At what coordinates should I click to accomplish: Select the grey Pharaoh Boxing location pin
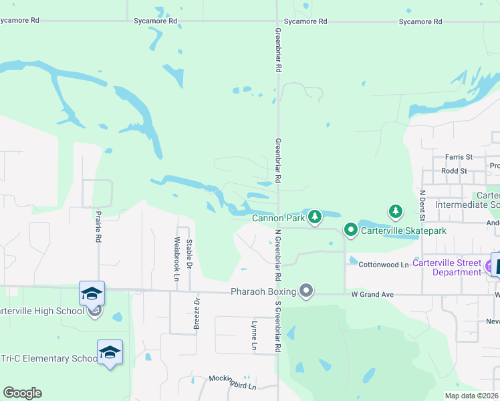(x=306, y=290)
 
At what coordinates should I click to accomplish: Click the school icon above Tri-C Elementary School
(x=110, y=352)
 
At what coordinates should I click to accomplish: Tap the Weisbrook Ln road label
(x=176, y=259)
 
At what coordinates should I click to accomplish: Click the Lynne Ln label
(x=254, y=336)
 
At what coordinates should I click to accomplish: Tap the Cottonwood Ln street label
(x=383, y=265)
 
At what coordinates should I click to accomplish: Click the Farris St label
(x=461, y=157)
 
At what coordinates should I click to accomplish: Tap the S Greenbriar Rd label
(x=277, y=326)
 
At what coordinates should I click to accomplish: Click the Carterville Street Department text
(x=447, y=267)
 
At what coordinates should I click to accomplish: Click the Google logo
(x=22, y=393)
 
